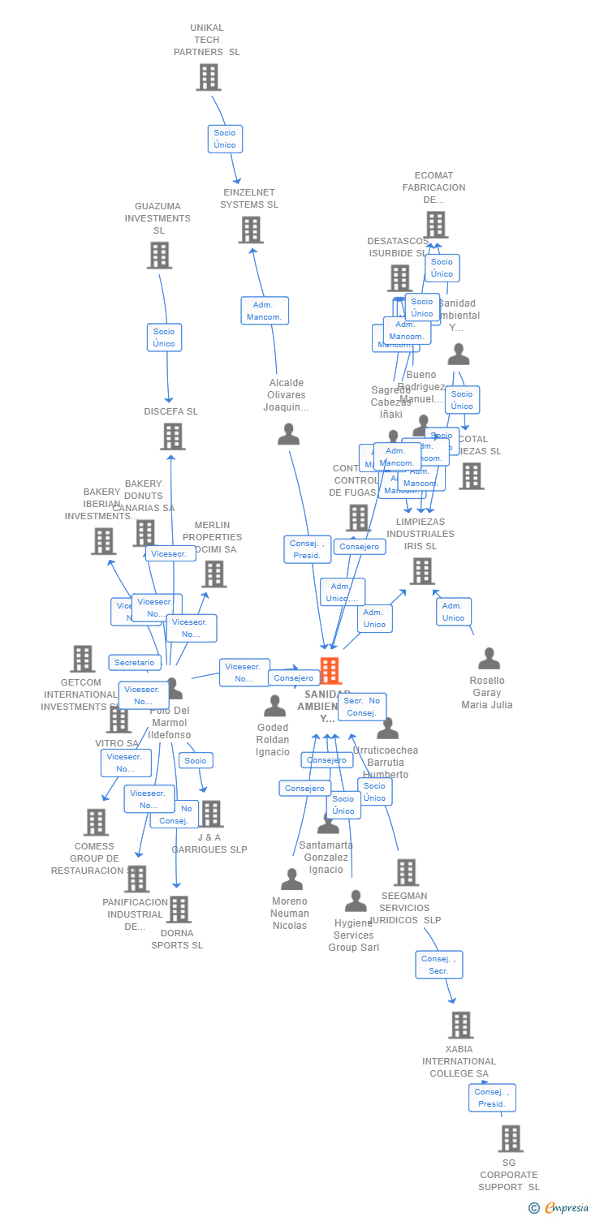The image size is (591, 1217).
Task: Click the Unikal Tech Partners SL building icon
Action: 209,77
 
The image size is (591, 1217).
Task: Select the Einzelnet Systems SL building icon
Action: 251,230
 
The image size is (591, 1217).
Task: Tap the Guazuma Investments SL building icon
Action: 159,255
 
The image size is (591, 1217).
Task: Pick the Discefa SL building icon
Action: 172,436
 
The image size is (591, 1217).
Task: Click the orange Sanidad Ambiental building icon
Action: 330,671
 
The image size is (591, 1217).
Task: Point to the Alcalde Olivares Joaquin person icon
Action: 288,435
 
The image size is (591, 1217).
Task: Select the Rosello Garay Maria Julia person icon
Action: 489,658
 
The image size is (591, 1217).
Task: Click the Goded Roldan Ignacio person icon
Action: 274,706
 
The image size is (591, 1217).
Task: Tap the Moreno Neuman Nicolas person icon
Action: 291,879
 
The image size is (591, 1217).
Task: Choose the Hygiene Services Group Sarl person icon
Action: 356,901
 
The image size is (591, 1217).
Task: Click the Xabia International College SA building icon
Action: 460,1025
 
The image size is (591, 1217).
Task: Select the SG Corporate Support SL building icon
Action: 511,1138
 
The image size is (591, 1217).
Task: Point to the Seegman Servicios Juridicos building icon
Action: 406,872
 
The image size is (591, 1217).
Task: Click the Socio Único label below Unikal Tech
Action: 225,139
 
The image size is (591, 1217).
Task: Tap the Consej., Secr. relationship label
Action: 439,965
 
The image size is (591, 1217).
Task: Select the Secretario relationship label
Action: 134,663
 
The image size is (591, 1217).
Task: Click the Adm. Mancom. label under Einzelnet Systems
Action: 265,311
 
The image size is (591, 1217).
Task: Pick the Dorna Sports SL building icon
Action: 179,910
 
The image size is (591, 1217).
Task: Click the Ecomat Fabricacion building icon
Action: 436,225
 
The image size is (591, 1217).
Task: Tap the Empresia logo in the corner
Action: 559,1207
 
